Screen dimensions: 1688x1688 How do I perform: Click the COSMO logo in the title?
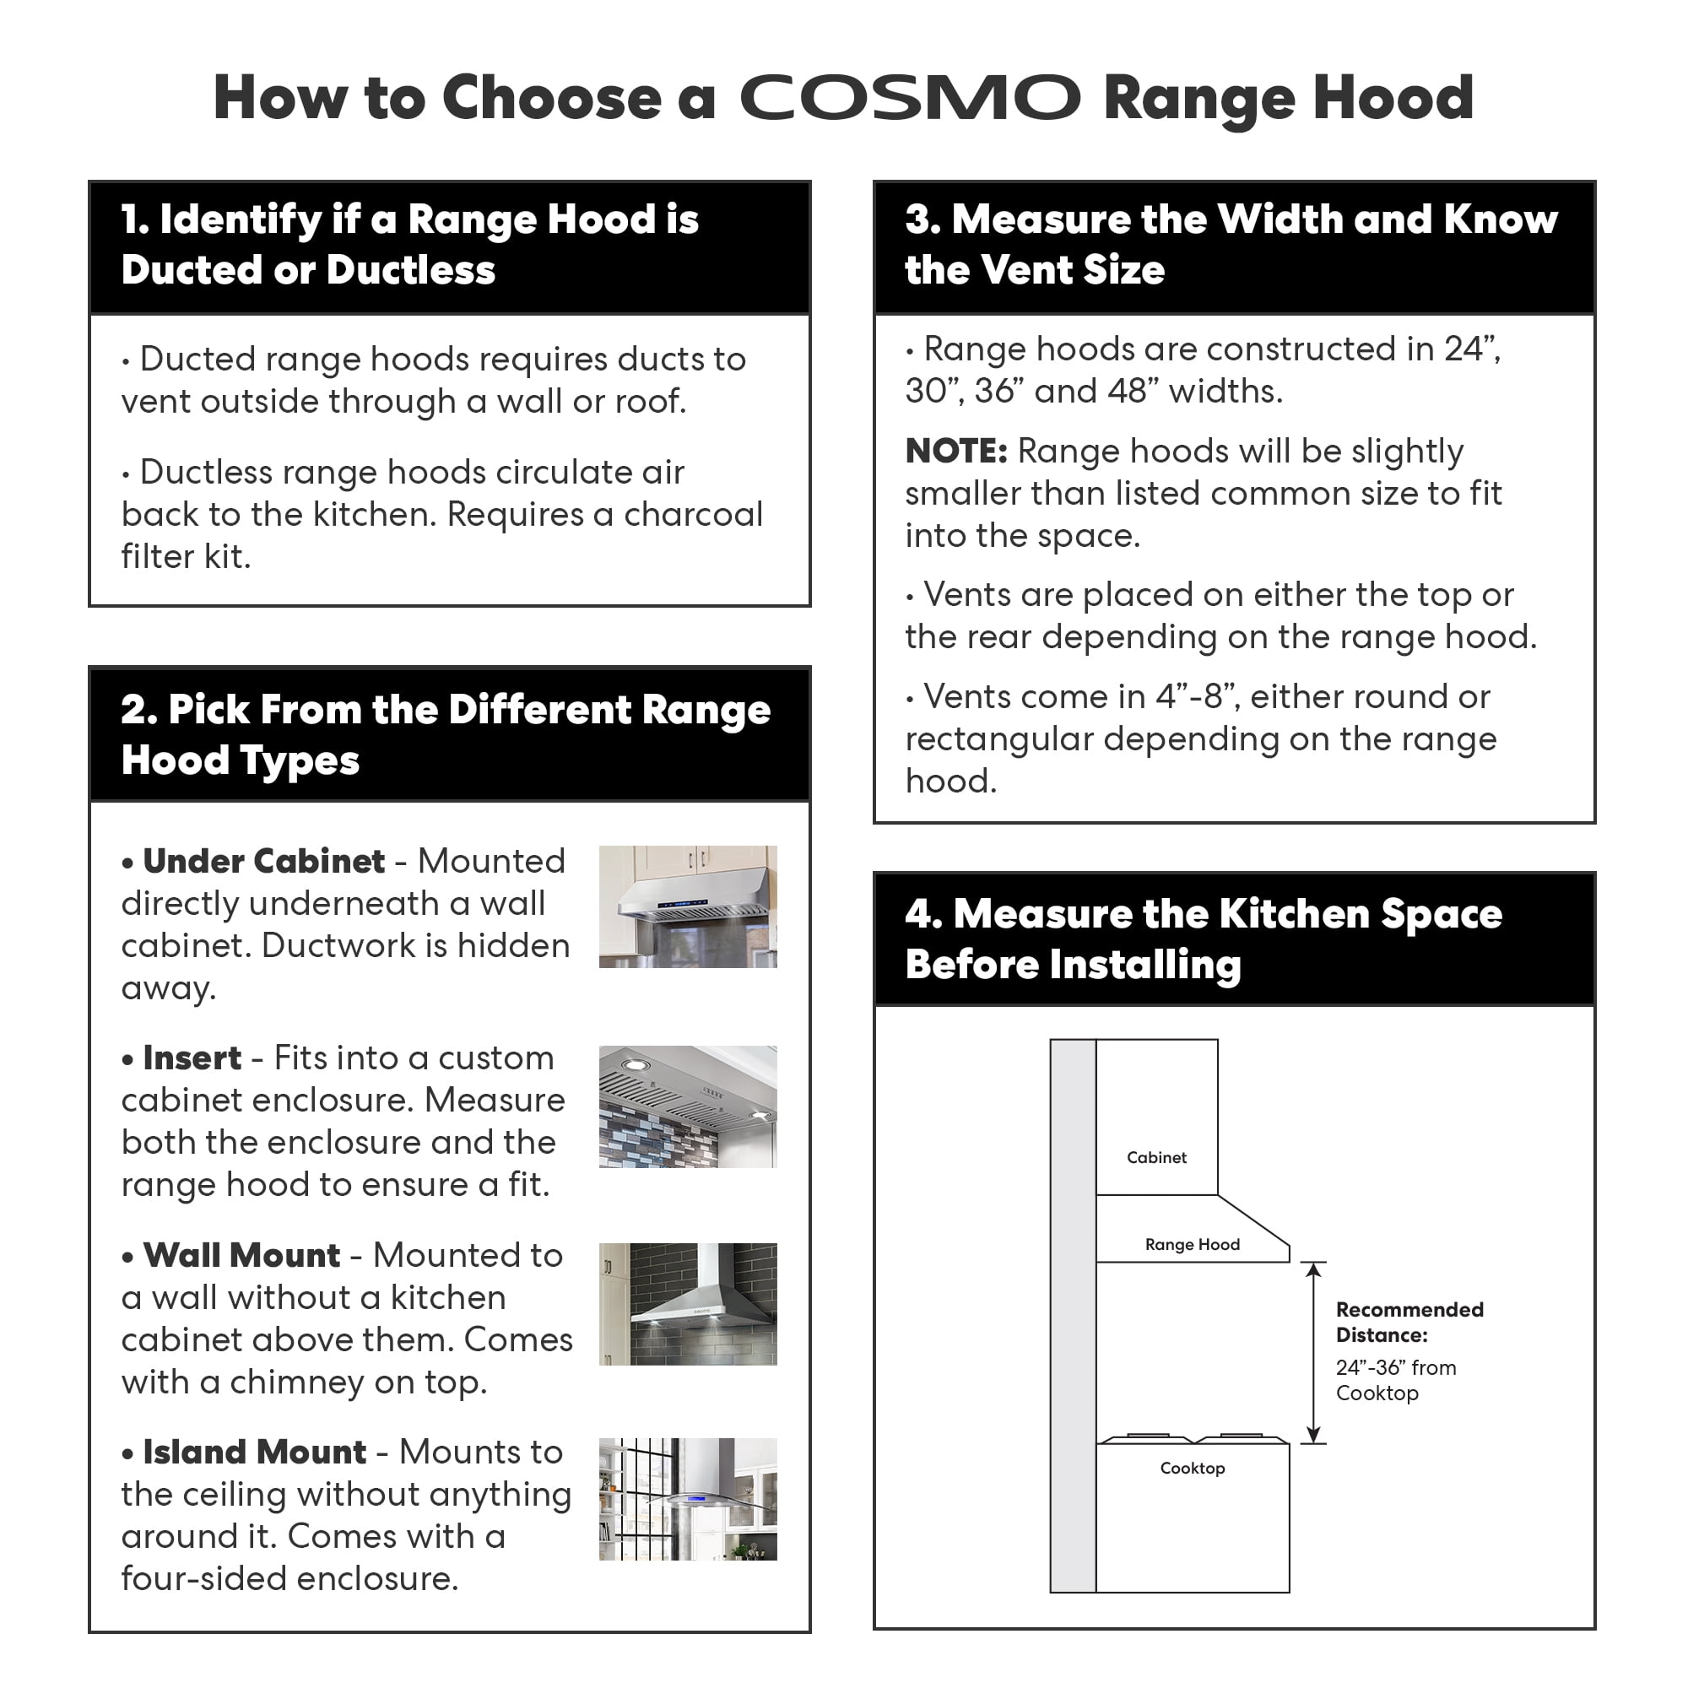click(x=910, y=97)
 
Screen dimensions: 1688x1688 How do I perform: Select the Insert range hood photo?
click(x=688, y=1106)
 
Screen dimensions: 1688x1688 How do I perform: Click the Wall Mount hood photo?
click(x=688, y=1304)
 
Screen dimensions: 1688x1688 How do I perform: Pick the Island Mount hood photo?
click(x=688, y=1499)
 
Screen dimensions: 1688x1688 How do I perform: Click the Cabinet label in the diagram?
click(x=1156, y=1158)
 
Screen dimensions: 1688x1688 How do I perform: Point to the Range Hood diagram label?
click(x=1192, y=1244)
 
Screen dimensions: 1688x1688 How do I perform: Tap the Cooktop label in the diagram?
click(x=1192, y=1468)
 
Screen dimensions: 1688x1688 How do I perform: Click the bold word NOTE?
click(x=956, y=452)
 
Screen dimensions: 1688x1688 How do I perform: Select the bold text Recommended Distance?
click(x=1409, y=1322)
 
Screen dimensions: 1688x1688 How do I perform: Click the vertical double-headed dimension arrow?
click(x=1312, y=1352)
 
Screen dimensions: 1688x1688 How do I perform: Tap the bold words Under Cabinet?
click(x=263, y=862)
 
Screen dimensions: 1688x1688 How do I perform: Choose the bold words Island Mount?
click(x=254, y=1452)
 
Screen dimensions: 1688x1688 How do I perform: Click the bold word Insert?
click(x=192, y=1058)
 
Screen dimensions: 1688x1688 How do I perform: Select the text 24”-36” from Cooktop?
click(x=1395, y=1381)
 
